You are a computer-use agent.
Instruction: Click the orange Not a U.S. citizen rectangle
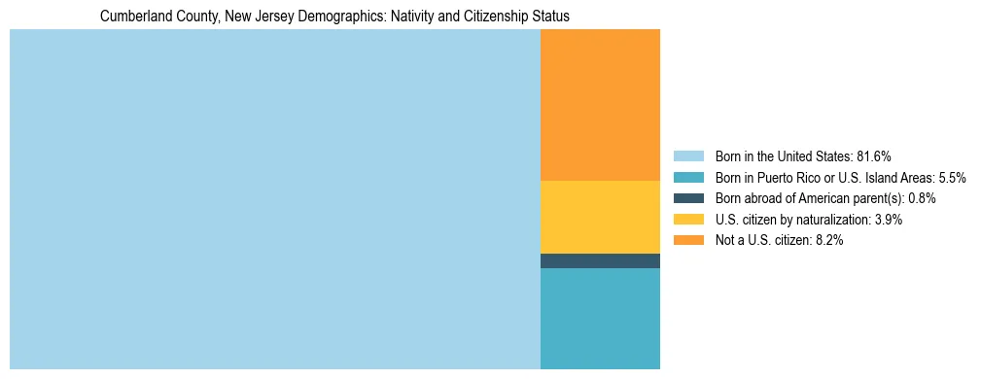point(600,105)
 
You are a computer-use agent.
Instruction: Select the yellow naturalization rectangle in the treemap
point(600,217)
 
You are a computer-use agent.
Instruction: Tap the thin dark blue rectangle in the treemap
point(600,260)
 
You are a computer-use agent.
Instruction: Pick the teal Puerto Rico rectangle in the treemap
point(600,318)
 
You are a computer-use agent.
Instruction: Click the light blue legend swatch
point(688,156)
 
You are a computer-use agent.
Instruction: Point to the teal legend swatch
point(688,178)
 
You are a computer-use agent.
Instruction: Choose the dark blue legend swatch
point(688,198)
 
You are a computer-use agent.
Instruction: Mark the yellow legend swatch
point(688,220)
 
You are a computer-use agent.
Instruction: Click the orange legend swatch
point(688,241)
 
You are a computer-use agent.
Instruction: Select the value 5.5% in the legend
point(952,178)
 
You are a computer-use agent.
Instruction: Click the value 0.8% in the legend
point(922,198)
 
